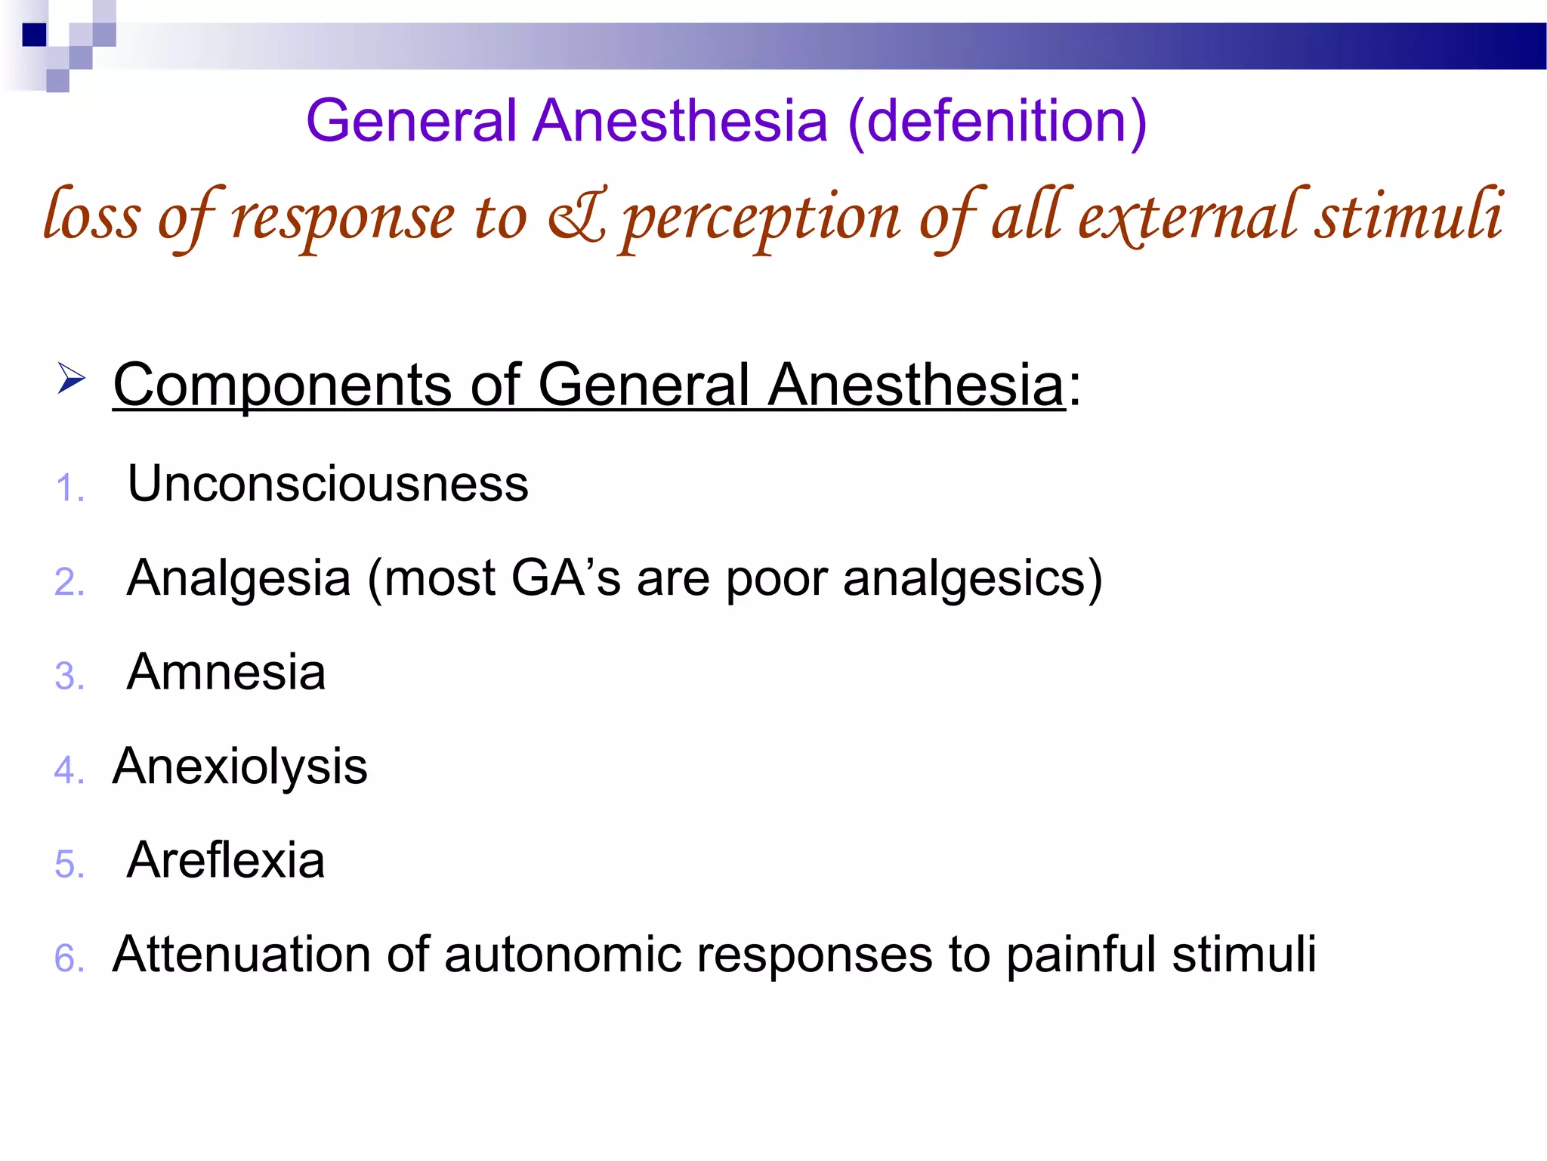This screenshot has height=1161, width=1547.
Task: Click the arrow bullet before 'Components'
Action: click(x=71, y=378)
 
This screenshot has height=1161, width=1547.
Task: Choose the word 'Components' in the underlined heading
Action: click(x=282, y=385)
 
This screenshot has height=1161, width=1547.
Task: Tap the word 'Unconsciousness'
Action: click(x=328, y=484)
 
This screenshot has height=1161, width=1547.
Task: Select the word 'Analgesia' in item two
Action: click(x=239, y=578)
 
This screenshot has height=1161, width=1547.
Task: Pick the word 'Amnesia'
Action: click(x=226, y=672)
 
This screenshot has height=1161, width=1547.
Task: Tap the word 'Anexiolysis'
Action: click(x=239, y=767)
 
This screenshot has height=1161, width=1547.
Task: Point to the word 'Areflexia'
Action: click(x=226, y=860)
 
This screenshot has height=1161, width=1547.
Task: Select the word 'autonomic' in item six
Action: click(x=562, y=955)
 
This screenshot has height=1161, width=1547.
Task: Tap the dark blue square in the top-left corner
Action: click(x=34, y=35)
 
